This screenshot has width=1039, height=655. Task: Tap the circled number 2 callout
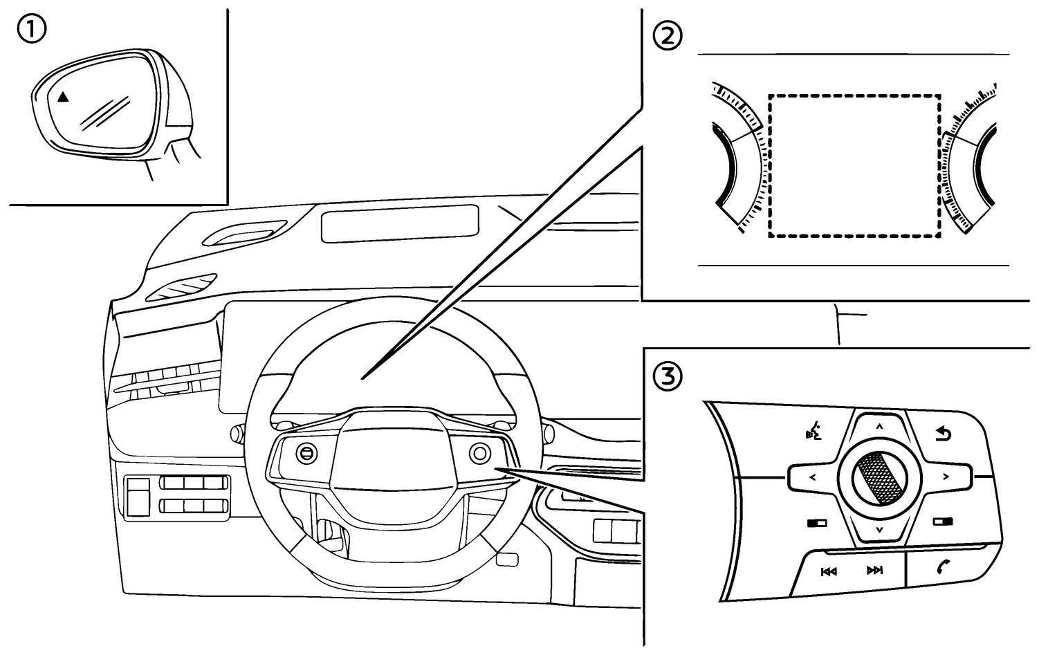point(668,37)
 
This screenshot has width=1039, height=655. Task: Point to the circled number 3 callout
point(668,377)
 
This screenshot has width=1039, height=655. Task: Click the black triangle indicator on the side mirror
point(63,98)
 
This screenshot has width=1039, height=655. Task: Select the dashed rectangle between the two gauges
point(854,166)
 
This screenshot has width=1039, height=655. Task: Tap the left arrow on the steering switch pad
point(813,477)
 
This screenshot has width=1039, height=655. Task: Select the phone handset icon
point(942,568)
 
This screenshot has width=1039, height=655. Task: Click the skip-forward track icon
point(874,571)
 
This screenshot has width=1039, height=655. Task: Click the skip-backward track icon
point(829,571)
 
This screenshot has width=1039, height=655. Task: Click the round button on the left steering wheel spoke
point(306,453)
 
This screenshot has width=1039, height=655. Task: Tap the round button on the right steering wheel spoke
point(479,453)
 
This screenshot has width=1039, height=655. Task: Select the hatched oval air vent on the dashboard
point(182,287)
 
